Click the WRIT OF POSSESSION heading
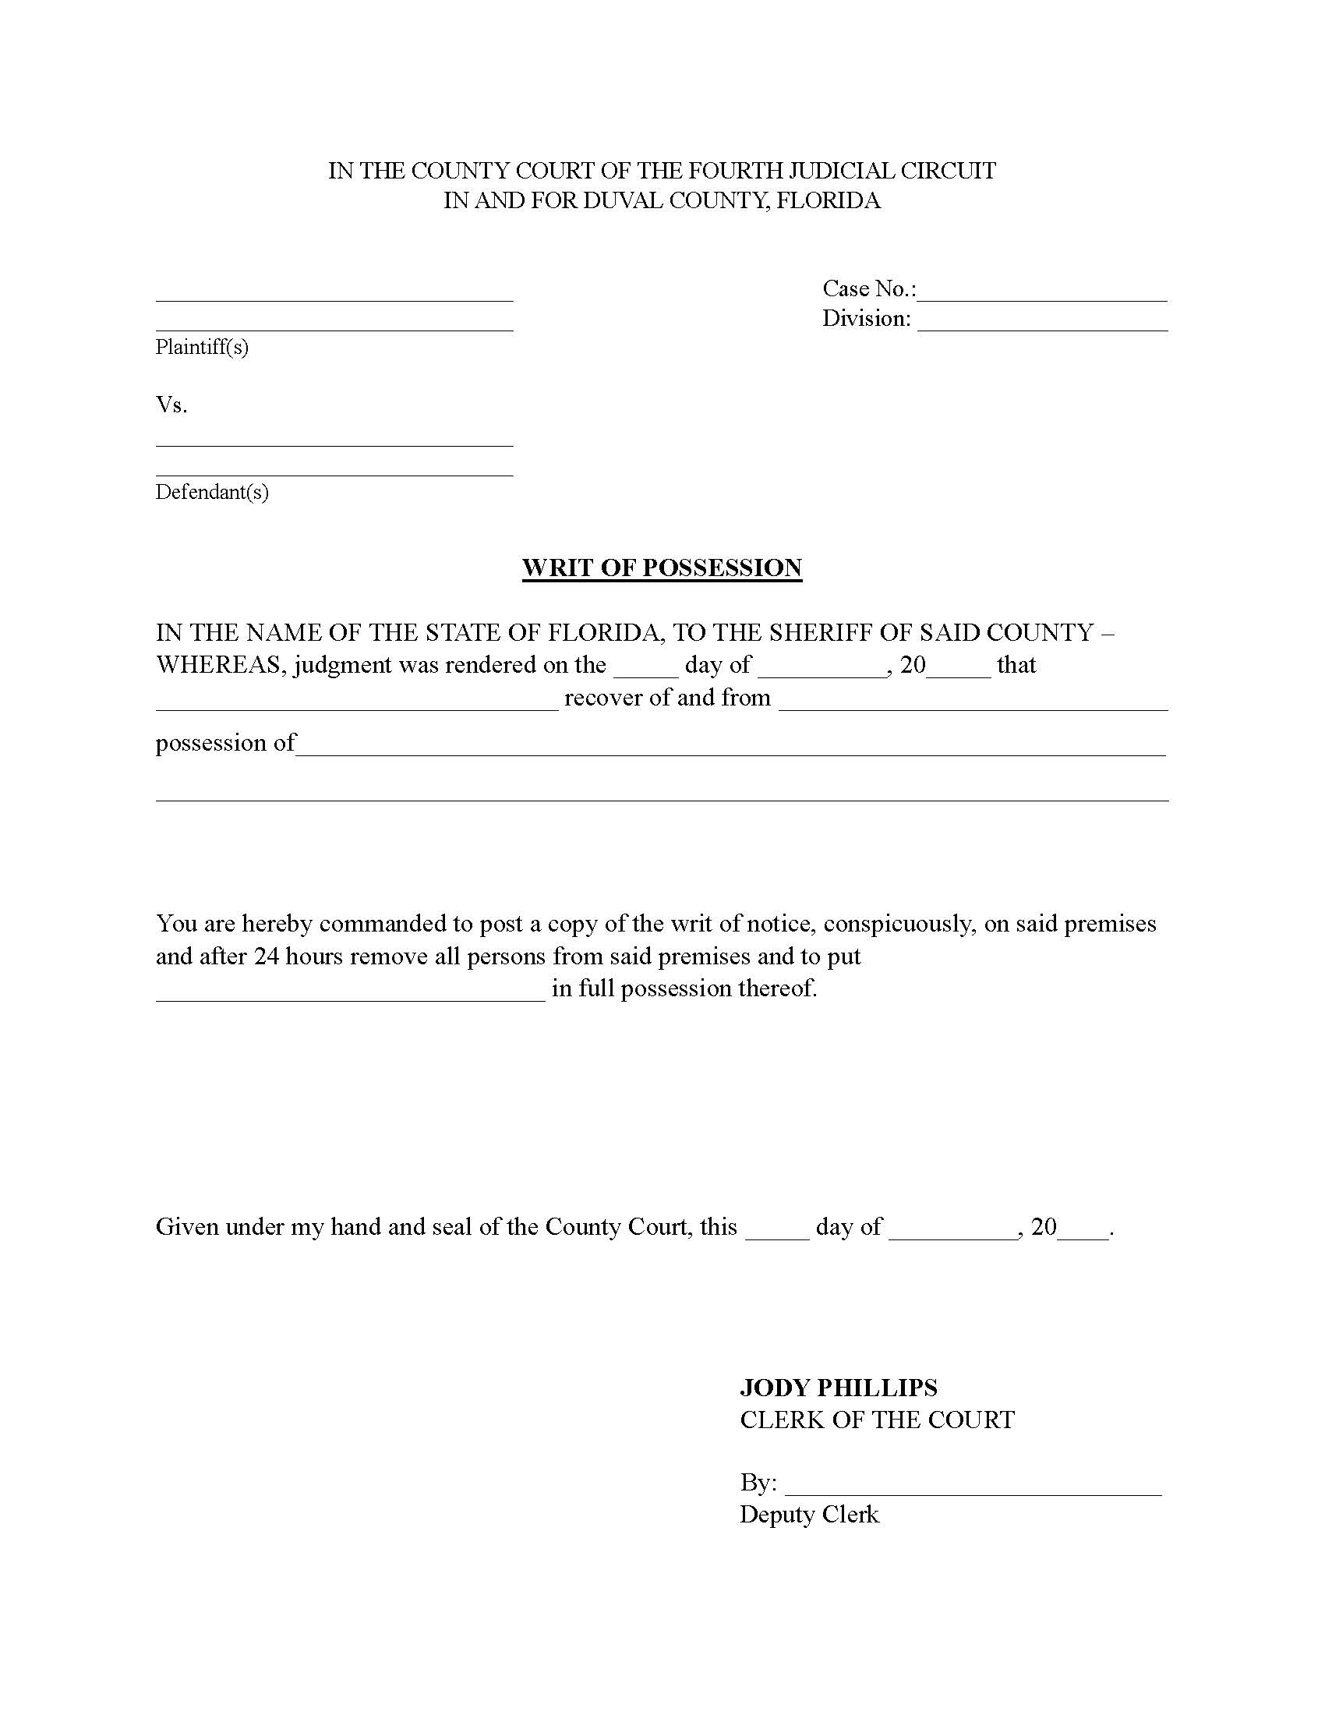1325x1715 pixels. [662, 568]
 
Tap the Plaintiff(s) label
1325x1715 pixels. [202, 347]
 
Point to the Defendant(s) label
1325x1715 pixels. [212, 493]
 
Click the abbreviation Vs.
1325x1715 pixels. [171, 405]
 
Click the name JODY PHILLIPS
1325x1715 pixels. [839, 1388]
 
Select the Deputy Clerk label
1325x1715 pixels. [808, 1515]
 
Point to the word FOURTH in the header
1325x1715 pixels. [737, 171]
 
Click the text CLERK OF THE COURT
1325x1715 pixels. [877, 1420]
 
